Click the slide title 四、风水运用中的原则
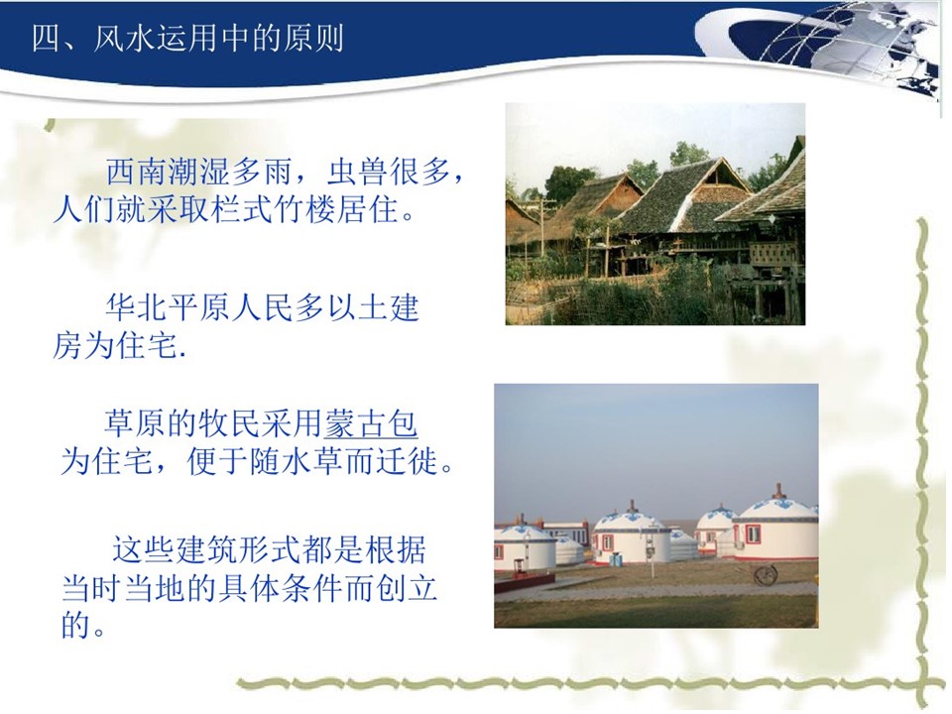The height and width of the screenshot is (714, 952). click(187, 39)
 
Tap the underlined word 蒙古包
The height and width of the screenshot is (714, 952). click(370, 423)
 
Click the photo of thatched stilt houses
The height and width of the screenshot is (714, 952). click(655, 214)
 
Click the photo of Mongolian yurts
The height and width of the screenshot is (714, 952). click(656, 506)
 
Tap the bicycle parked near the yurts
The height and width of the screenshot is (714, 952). click(767, 574)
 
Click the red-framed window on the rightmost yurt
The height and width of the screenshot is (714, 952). click(753, 535)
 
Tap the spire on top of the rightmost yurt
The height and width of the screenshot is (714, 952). click(777, 491)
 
